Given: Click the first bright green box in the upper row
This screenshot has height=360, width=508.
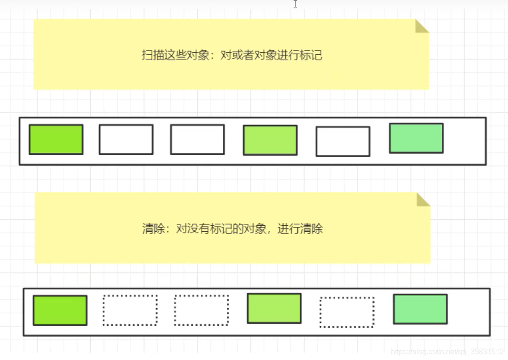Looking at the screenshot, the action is tap(56, 139).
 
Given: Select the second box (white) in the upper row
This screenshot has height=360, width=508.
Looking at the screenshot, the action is tap(126, 139).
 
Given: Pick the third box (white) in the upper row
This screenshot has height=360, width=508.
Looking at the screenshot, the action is tap(197, 139).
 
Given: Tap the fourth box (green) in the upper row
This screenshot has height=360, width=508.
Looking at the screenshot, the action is tap(270, 140).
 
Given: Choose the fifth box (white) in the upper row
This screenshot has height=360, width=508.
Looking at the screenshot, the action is tap(343, 141).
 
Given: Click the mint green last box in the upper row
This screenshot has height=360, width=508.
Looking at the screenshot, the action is tap(416, 138).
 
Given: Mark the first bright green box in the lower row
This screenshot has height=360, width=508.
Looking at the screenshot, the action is tap(60, 310).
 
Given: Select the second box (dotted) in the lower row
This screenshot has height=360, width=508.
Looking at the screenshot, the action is tap(130, 310).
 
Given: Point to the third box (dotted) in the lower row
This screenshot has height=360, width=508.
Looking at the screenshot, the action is tap(201, 310).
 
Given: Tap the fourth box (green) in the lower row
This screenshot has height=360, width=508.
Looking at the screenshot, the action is tap(274, 308).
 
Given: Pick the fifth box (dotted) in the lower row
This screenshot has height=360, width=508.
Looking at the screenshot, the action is tap(347, 312).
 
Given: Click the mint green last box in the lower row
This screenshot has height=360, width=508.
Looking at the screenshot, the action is tap(420, 309).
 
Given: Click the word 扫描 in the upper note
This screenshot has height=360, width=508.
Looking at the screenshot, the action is tap(152, 56).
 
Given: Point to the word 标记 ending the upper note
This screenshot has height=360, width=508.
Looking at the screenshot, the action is tap(311, 56).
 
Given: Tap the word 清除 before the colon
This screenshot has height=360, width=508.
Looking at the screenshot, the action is tap(153, 229).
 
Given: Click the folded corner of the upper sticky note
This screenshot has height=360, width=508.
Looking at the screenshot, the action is tap(421, 26).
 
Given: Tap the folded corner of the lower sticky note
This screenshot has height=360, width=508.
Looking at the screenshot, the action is tap(423, 200).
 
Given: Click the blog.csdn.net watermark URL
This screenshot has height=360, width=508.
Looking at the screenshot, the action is tap(447, 352).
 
